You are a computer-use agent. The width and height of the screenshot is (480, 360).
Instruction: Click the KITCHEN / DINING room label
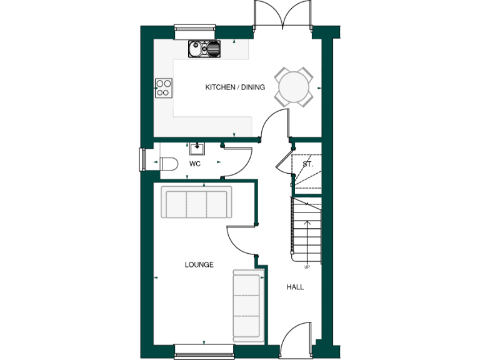235,87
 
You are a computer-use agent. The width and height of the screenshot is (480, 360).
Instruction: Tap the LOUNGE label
199,264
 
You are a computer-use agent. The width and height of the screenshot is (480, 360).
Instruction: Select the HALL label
295,287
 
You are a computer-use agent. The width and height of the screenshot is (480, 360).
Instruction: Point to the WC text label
194,164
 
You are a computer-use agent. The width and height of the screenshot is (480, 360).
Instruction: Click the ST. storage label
307,164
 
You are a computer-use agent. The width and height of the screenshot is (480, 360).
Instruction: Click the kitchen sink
204,48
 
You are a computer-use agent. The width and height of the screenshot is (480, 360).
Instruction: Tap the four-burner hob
164,88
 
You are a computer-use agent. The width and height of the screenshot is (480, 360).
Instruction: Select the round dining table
294,87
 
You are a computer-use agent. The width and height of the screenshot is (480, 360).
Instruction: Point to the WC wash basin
197,147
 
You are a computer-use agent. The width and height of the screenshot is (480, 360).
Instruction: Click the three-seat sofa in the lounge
196,202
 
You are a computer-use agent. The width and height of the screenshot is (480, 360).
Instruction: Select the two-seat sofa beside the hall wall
246,304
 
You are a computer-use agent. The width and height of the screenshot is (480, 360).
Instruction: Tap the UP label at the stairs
307,267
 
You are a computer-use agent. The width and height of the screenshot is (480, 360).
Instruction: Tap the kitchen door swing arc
273,122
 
